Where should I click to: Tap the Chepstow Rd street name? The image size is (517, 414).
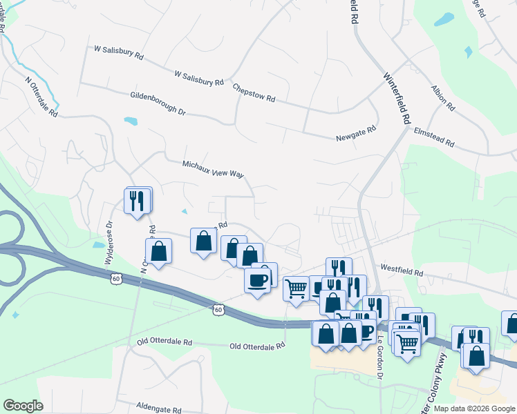254,94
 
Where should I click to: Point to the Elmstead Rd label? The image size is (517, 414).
434,137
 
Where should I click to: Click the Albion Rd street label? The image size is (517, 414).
442,99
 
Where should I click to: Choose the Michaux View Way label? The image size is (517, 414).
213,170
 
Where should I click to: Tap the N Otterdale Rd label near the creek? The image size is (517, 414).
41,97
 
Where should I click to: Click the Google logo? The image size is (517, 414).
23,406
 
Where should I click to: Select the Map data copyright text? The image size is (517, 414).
474,408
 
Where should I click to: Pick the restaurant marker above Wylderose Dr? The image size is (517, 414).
138,200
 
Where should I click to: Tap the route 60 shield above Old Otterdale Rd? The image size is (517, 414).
218,309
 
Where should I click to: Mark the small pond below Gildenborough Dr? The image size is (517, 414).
130,122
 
